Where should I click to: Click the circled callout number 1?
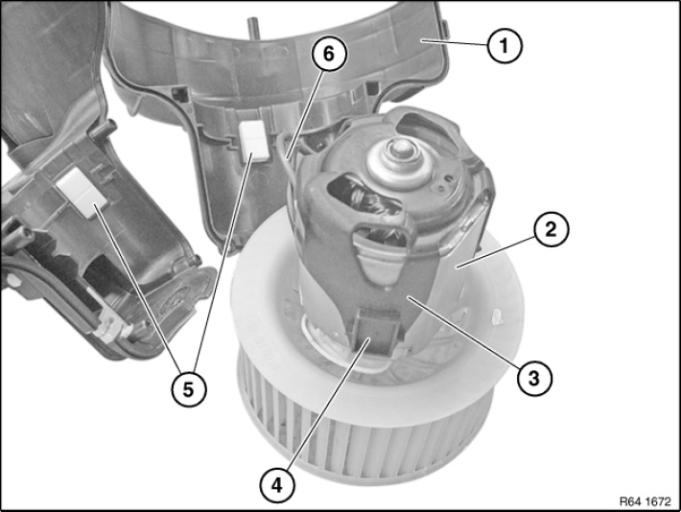point(505,46)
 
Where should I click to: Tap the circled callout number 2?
point(551,229)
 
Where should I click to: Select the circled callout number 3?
point(534,378)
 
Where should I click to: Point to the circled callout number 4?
point(277,484)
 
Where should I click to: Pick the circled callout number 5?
point(188,389)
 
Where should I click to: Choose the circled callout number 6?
point(329,55)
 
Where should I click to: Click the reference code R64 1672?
point(645,501)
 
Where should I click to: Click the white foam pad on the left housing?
point(82,192)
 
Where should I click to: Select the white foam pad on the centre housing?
point(253,141)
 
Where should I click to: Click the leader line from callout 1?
point(454,42)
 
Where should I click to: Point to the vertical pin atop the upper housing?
point(252,28)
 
